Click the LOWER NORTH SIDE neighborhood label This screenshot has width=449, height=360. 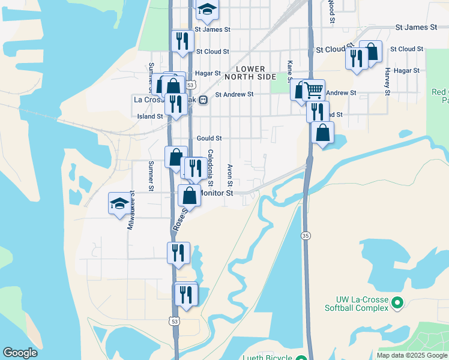click(x=250, y=73)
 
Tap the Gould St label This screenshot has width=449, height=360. click(x=209, y=138)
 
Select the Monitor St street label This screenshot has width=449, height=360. click(x=216, y=193)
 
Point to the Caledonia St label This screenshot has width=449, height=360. click(x=210, y=167)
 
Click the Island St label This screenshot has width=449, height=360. click(x=150, y=116)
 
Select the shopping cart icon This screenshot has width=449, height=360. click(x=313, y=91)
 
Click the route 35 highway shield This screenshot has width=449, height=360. click(x=306, y=235)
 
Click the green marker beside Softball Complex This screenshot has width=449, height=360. click(x=397, y=304)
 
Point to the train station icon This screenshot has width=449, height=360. click(x=203, y=100)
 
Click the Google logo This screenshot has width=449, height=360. click(x=20, y=353)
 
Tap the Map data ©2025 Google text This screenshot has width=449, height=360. click(x=411, y=355)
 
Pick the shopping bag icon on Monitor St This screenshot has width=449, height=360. click(x=190, y=195)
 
